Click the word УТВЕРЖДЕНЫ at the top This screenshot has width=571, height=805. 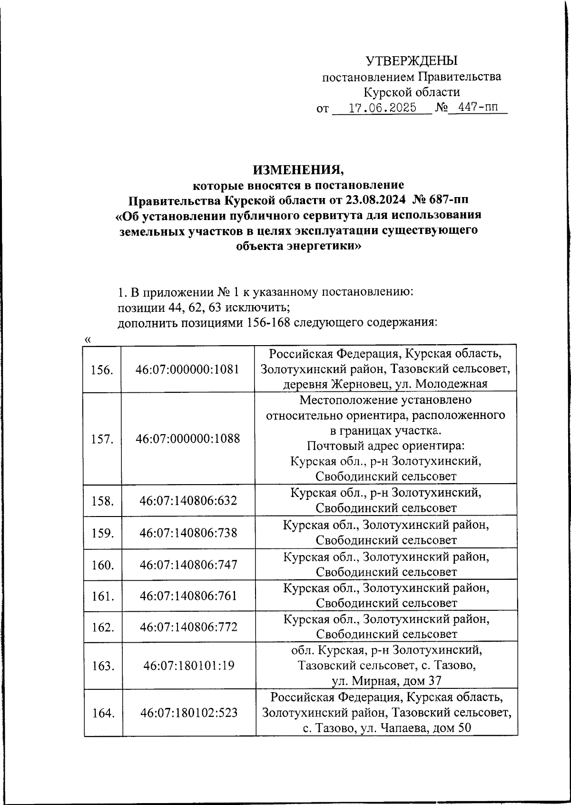tap(411, 60)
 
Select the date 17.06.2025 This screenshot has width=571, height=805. tap(382, 108)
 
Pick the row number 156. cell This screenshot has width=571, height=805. tap(102, 369)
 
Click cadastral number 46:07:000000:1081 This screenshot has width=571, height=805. tap(187, 369)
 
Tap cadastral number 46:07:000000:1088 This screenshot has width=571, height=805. tap(187, 438)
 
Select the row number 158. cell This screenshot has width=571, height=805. tap(102, 501)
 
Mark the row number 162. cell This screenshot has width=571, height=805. tap(102, 627)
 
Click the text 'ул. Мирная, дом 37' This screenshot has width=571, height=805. tap(386, 681)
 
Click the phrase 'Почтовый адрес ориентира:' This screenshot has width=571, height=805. tap(385, 446)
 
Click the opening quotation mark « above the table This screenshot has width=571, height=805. tap(87, 339)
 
